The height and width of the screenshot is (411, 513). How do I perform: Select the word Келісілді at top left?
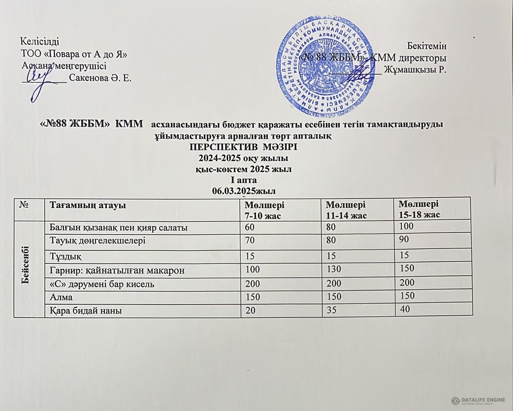[x=39, y=41]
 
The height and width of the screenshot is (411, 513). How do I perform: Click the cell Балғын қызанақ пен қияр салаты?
[x=118, y=228]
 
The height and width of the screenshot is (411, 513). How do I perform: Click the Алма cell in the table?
[x=61, y=297]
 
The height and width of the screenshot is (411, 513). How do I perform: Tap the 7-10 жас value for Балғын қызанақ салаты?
[x=249, y=227]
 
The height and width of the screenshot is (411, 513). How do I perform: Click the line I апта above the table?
[x=244, y=180]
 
